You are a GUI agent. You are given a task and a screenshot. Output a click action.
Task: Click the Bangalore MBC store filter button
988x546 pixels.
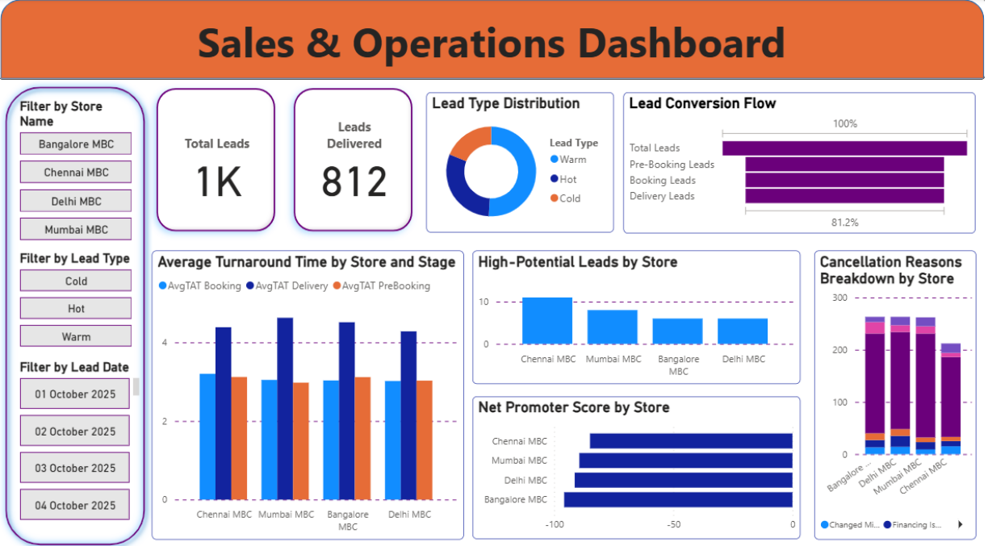point(76,144)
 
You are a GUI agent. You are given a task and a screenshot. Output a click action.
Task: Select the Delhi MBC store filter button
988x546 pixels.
point(76,201)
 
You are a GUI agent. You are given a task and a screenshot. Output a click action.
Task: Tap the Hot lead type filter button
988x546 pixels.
point(76,309)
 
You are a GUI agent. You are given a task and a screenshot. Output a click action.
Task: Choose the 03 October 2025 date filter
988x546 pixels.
point(75,469)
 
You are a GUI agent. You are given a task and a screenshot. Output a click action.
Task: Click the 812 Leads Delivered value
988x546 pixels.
point(354,182)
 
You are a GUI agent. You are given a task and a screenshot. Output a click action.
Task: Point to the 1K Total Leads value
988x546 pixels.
point(217,182)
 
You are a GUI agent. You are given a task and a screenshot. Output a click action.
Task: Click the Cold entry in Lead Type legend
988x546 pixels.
point(569,198)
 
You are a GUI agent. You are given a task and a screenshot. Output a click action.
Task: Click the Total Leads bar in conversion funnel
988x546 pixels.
point(844,148)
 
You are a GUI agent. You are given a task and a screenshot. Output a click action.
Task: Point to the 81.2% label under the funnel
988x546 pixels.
point(844,222)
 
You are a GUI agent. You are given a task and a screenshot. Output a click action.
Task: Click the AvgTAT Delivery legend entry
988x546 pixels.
point(291,286)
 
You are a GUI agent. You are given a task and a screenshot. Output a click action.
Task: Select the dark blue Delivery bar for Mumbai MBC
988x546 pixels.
point(285,408)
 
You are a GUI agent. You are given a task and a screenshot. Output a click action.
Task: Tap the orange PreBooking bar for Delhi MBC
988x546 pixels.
point(424,440)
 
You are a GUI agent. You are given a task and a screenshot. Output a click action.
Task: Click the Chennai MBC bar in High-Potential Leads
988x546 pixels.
point(546,321)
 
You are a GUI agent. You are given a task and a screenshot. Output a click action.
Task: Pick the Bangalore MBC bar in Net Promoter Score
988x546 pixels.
point(678,499)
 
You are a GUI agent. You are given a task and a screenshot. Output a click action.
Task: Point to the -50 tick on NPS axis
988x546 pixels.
point(674,524)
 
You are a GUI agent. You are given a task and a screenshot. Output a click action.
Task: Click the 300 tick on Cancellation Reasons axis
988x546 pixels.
point(839,298)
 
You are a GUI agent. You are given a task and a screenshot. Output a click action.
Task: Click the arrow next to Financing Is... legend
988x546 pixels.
point(960,524)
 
